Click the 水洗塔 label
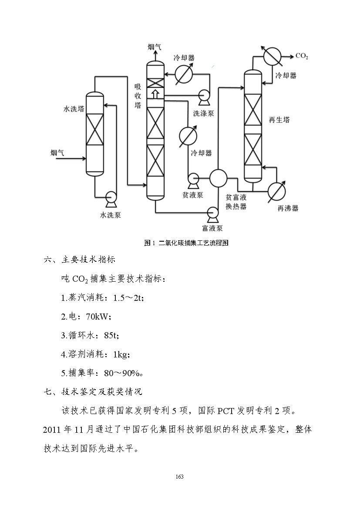pos(74,108)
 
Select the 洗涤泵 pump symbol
pos(203,97)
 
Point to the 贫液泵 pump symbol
pos(192,178)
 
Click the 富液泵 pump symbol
pos(213,212)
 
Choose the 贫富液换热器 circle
pos(218,178)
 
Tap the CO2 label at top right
pos(302,56)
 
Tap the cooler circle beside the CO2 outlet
pos(273,56)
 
